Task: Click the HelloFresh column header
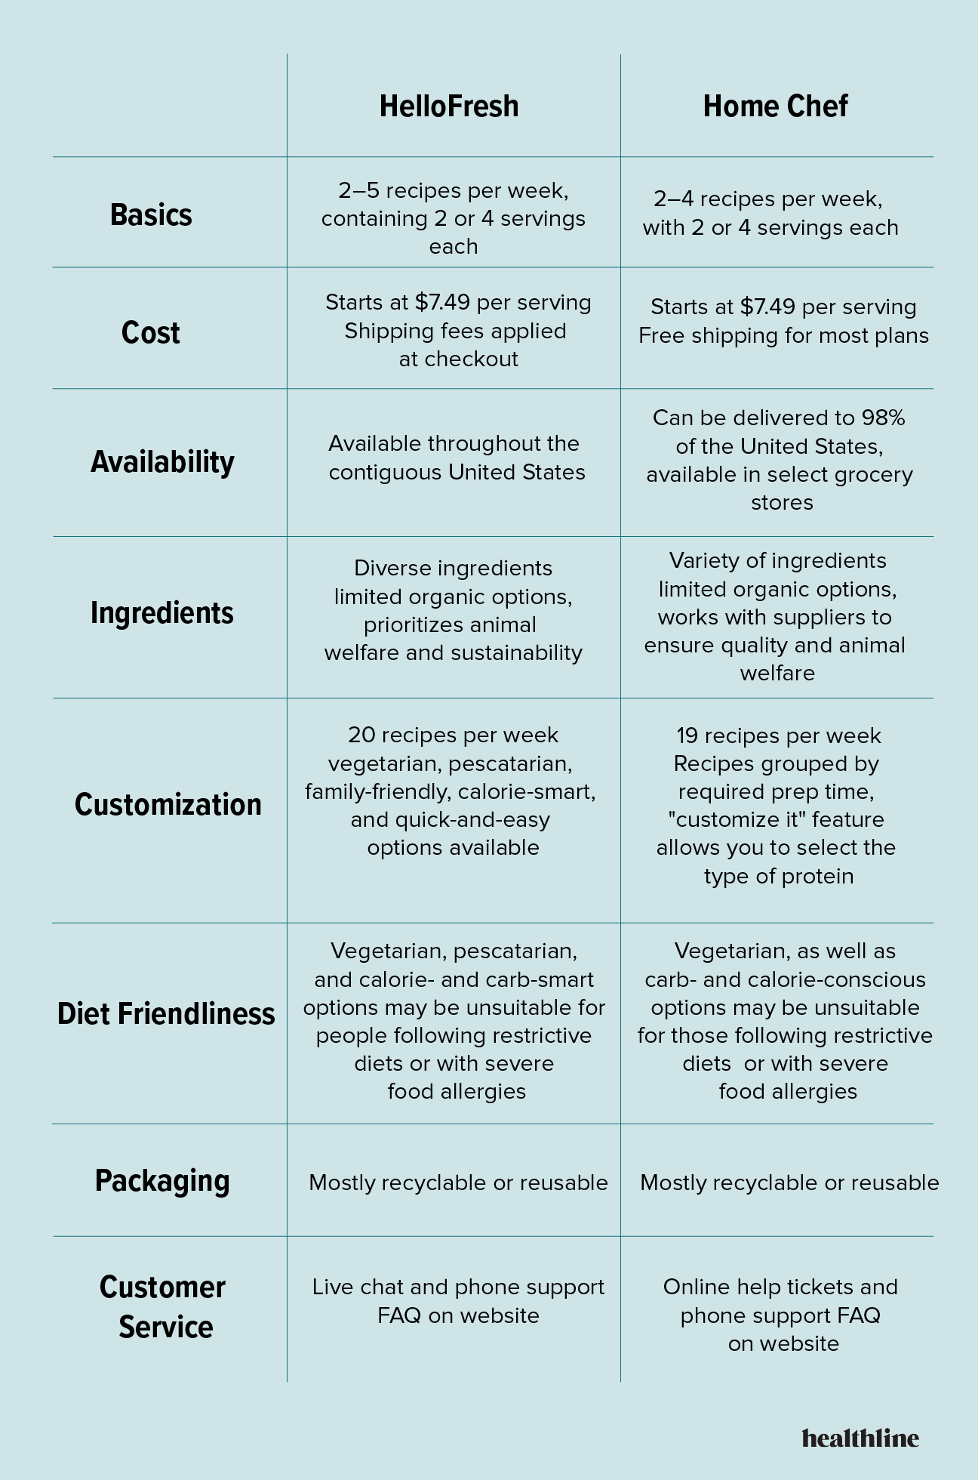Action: pos(449,106)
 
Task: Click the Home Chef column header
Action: pos(775,106)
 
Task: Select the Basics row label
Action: pos(151,215)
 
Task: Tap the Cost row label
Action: pos(151,333)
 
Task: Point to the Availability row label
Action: pos(162,461)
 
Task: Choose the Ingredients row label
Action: pos(162,612)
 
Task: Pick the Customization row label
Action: pos(168,805)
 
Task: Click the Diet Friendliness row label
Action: pos(166,1014)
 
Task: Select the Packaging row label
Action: pos(162,1181)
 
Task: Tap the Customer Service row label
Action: pos(163,1307)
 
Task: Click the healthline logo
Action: pos(860,1438)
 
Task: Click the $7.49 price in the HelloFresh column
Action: pos(442,302)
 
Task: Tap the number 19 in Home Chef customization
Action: pos(687,735)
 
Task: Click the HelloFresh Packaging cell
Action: pos(458,1182)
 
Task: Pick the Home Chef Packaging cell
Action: pos(789,1182)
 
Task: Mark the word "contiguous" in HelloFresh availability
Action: pos(385,473)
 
